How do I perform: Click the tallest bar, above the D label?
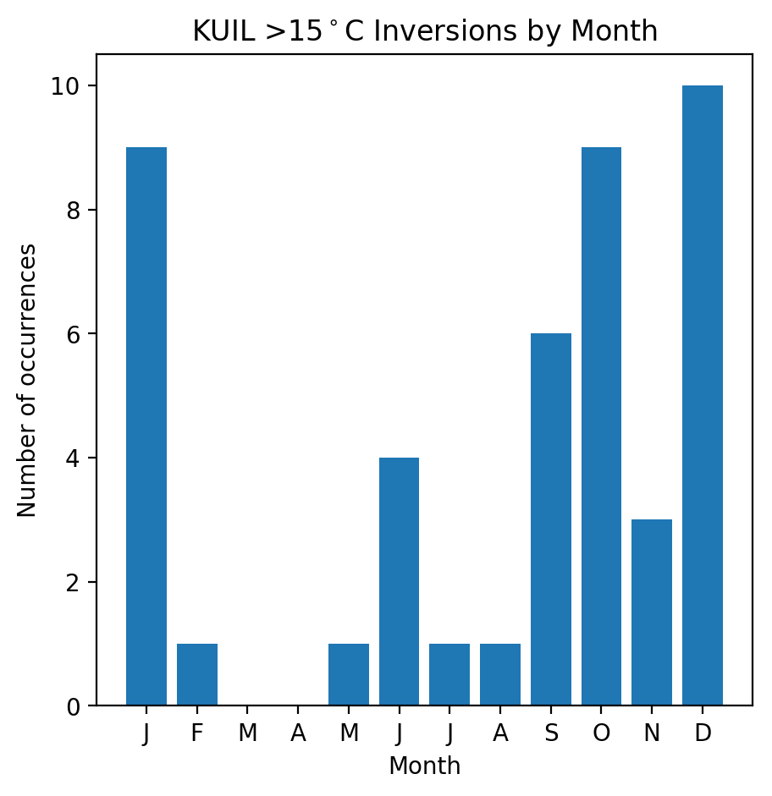click(x=703, y=395)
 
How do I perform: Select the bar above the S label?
click(x=551, y=519)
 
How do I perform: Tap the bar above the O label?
click(x=601, y=426)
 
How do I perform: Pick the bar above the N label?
click(x=652, y=612)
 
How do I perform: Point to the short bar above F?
click(x=197, y=674)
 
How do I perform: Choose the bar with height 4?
click(x=399, y=581)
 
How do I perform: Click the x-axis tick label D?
click(x=703, y=733)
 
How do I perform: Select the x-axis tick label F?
click(x=197, y=733)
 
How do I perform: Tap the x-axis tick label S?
click(x=551, y=733)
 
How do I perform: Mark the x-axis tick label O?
click(x=601, y=733)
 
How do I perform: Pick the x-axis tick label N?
click(x=652, y=733)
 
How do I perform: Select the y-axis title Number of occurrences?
click(x=27, y=380)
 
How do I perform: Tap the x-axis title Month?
click(x=424, y=766)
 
